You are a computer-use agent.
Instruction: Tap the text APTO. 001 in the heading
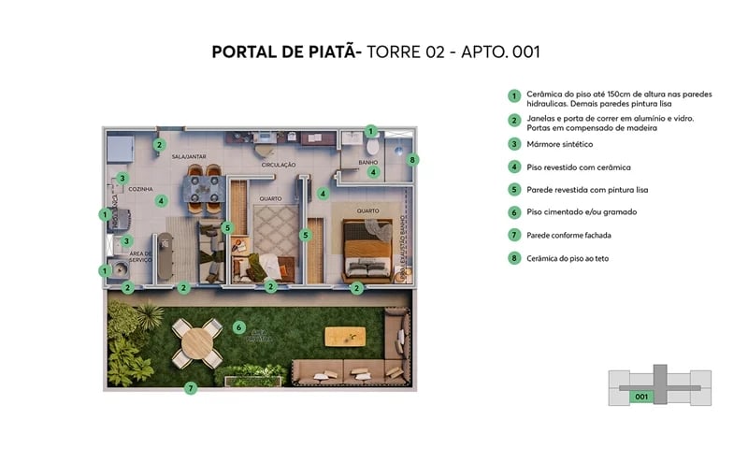[496, 51]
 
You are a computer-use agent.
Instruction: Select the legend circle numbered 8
[513, 258]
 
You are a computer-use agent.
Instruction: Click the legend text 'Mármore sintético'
[559, 144]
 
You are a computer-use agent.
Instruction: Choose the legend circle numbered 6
[513, 212]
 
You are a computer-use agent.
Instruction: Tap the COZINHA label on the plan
[141, 188]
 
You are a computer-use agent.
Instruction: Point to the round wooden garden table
[199, 344]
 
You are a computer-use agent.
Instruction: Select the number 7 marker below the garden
[190, 388]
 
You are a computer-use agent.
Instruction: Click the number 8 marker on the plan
[413, 160]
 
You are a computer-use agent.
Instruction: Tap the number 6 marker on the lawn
[239, 327]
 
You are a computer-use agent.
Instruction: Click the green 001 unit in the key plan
[640, 395]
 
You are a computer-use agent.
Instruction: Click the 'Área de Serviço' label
[141, 257]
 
